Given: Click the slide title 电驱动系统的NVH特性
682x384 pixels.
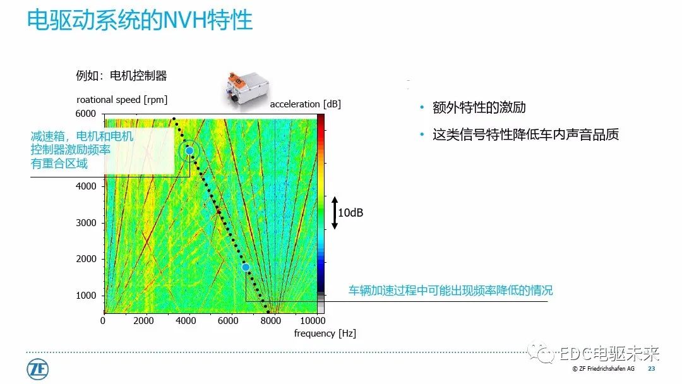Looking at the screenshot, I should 140,21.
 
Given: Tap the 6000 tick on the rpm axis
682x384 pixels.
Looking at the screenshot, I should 86,114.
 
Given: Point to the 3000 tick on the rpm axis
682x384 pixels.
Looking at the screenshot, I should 86,223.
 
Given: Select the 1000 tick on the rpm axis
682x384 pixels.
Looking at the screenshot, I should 86,296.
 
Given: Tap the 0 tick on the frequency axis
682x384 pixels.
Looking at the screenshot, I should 104,320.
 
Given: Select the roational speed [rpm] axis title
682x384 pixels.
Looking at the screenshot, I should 122,100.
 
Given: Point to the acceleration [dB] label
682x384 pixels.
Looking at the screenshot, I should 305,104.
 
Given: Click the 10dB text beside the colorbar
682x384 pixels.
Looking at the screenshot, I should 350,213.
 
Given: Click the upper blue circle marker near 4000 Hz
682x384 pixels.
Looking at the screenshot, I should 189,151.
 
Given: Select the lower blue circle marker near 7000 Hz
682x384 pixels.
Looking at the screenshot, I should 246,268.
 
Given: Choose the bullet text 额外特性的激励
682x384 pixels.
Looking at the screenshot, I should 479,108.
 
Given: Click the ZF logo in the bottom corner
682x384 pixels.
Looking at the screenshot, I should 38,369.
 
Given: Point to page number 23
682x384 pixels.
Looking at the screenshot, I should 652,369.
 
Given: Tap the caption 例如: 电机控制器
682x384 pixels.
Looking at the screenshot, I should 122,76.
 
